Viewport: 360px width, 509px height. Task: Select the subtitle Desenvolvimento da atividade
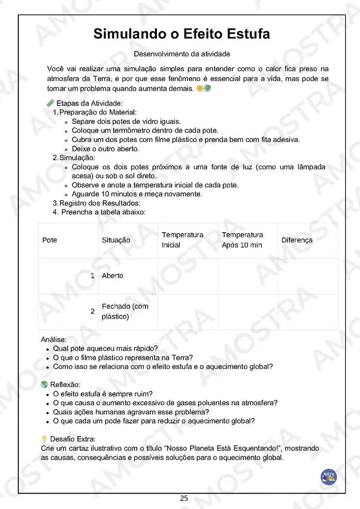[182, 54]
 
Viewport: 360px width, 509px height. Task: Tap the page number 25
[184, 498]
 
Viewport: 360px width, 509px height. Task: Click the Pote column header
[49, 240]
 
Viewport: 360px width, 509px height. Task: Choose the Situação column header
[116, 240]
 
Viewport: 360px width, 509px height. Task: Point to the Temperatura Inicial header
[182, 240]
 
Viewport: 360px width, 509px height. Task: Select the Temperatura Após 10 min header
[242, 240]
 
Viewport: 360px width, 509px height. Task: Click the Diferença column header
[297, 240]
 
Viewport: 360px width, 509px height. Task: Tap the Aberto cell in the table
[112, 276]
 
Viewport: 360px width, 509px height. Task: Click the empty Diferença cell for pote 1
[308, 276]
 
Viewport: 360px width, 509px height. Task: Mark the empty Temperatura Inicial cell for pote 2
[188, 311]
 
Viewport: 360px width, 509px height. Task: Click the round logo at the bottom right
[329, 477]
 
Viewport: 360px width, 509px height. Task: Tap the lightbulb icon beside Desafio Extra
[44, 438]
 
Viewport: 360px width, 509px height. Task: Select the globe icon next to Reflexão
[44, 384]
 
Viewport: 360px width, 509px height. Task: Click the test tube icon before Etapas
[50, 103]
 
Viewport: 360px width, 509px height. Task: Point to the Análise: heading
[54, 340]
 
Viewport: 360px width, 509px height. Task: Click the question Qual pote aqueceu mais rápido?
[106, 349]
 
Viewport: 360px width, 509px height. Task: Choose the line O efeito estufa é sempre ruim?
[103, 394]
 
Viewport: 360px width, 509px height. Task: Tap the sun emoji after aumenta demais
[199, 89]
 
